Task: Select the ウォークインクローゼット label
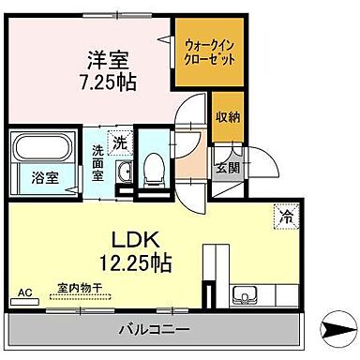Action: [206, 50]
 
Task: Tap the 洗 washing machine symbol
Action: [120, 143]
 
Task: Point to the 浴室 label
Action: [37, 176]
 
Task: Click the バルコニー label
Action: [155, 329]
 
